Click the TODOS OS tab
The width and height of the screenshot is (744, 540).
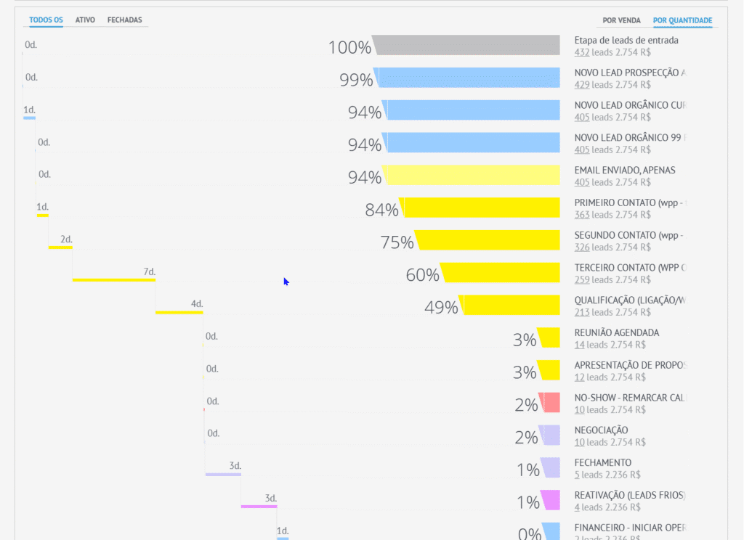pos(46,20)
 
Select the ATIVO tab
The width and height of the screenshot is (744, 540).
pos(85,20)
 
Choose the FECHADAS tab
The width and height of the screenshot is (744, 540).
pos(125,20)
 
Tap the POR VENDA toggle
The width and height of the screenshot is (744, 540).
pos(622,21)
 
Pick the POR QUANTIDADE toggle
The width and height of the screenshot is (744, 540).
pos(682,21)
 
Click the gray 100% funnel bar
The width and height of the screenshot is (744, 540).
pos(466,45)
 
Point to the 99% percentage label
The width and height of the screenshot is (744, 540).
pos(356,81)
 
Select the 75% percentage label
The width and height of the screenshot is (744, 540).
pos(397,243)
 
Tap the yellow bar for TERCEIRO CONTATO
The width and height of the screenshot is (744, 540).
pos(501,272)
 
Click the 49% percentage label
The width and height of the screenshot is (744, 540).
pos(441,308)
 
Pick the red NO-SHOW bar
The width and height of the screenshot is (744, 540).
pos(551,402)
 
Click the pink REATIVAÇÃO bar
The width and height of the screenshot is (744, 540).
pos(551,500)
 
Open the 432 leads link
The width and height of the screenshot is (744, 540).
pos(581,52)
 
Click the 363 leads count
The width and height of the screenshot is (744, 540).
pos(581,215)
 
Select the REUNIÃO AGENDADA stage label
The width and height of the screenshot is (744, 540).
pos(617,332)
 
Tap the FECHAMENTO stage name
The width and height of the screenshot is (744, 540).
pos(603,462)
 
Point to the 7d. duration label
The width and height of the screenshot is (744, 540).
pos(149,272)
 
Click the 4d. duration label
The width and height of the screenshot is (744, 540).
pos(197,303)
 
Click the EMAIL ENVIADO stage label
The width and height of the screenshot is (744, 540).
pos(625,170)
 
